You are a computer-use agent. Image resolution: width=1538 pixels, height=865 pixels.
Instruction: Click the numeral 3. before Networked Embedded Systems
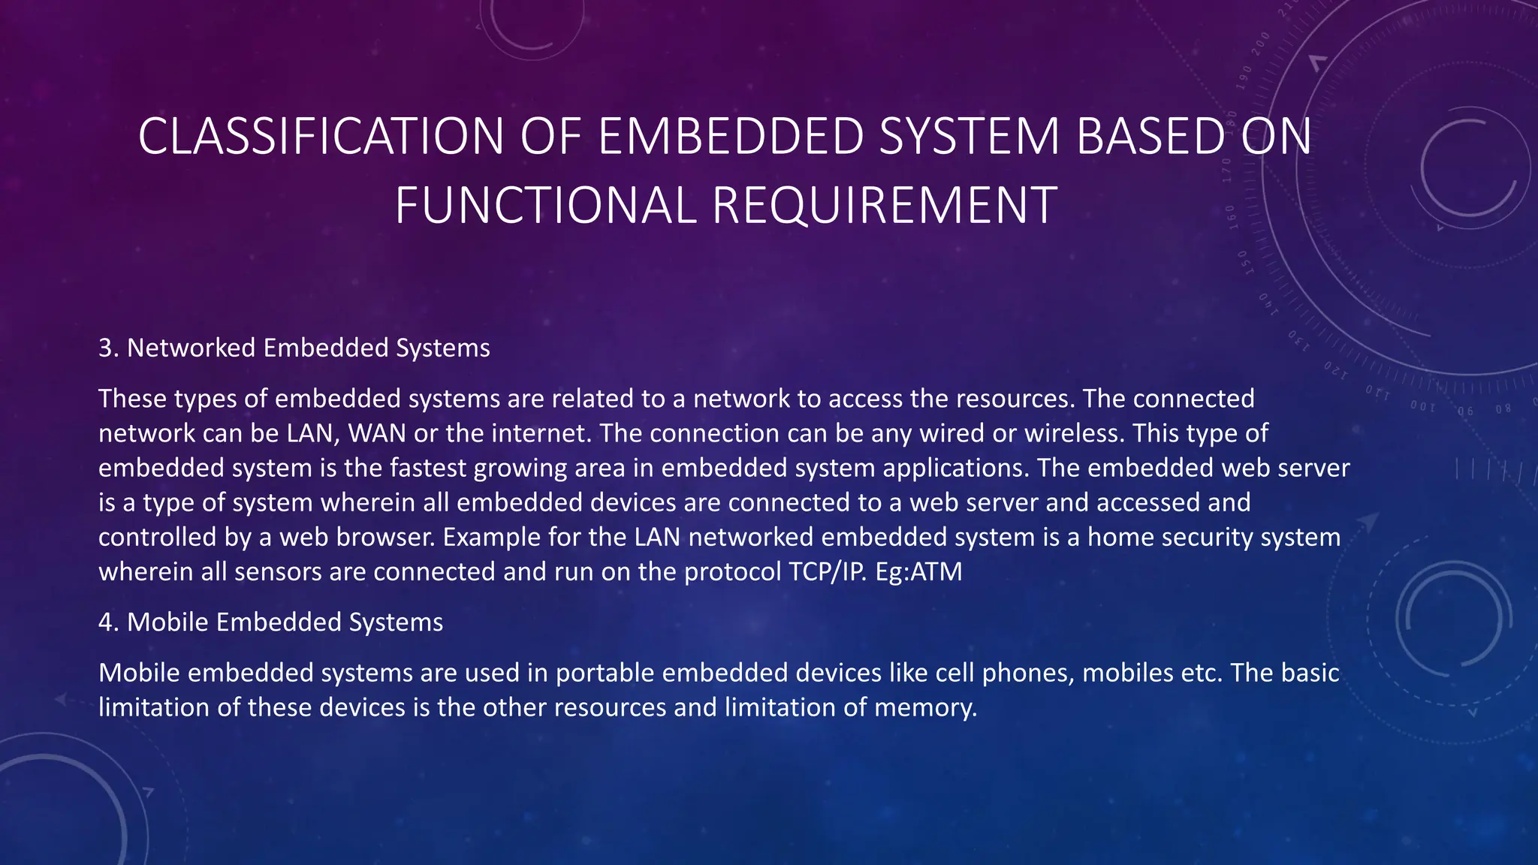(x=109, y=348)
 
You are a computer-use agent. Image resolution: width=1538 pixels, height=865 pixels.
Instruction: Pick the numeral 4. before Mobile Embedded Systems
(x=109, y=622)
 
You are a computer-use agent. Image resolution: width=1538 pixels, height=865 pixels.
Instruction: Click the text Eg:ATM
(x=918, y=571)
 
